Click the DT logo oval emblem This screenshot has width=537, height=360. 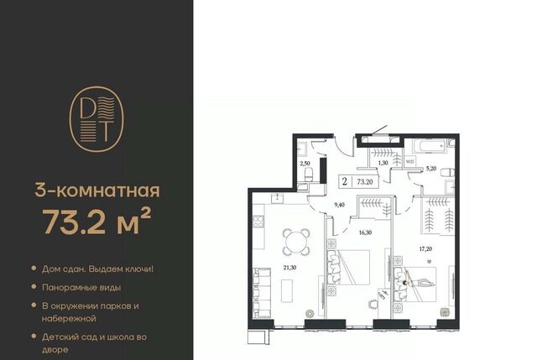[x=96, y=119]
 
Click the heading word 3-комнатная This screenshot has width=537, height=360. [x=97, y=190]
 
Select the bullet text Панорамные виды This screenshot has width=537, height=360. [x=81, y=287]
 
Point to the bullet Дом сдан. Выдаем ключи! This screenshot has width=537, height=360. [x=97, y=269]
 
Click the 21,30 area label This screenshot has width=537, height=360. [x=290, y=268]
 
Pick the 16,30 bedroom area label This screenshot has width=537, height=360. [x=365, y=232]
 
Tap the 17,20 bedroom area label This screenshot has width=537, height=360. [x=425, y=249]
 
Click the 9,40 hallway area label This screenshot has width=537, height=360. [x=339, y=206]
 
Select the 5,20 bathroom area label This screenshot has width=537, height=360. [x=430, y=168]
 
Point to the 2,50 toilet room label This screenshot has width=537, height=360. [x=305, y=164]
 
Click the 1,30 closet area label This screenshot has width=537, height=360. [x=383, y=163]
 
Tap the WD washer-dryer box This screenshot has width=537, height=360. [x=409, y=161]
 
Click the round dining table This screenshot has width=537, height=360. [x=296, y=243]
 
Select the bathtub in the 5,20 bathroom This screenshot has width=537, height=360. [x=430, y=146]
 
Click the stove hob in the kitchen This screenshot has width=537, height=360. [x=258, y=222]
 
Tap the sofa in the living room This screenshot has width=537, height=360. [x=262, y=293]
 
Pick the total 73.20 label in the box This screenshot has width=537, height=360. [x=365, y=182]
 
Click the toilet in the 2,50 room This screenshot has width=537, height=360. [x=308, y=175]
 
